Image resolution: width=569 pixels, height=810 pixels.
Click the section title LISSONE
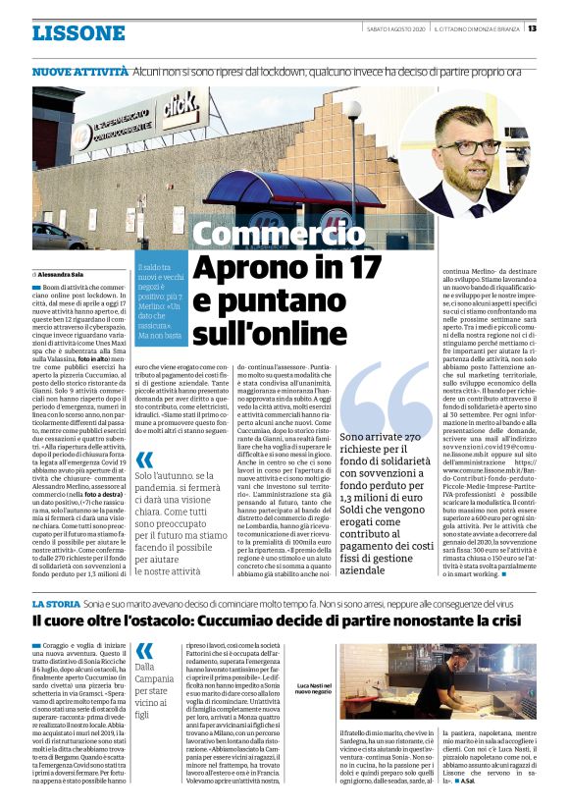click(78, 32)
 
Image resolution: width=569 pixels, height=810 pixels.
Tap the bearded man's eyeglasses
click(487, 148)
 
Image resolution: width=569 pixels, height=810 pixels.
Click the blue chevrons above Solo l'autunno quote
click(145, 459)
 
